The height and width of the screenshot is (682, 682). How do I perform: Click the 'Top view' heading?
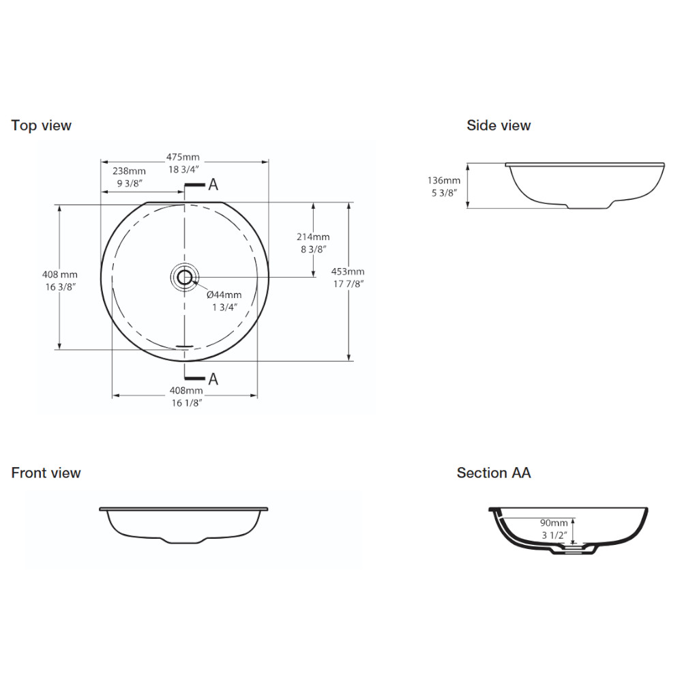tap(42, 125)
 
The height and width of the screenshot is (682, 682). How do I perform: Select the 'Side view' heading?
tap(499, 125)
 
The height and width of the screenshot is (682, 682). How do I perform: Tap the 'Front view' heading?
tap(46, 473)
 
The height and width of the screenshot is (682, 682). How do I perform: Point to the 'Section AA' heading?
tap(494, 473)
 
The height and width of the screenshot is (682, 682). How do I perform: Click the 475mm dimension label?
tap(183, 157)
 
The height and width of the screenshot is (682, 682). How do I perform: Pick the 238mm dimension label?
tap(129, 171)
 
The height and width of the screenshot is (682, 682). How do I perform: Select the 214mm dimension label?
tap(313, 237)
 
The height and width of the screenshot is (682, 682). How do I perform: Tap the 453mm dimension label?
tap(348, 271)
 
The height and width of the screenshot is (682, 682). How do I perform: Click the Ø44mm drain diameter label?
tap(224, 295)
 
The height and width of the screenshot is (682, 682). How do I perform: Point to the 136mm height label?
tap(444, 180)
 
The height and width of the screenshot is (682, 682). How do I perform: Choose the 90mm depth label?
tap(554, 523)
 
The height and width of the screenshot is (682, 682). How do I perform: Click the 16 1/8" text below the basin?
tap(187, 403)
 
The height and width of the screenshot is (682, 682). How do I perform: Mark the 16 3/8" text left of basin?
tap(61, 287)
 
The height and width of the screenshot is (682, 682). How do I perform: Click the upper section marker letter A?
tap(213, 185)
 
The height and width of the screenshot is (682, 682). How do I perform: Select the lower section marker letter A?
tap(213, 379)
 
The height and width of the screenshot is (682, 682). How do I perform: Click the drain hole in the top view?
tap(185, 277)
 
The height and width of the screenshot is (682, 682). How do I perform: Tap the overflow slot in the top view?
tap(184, 346)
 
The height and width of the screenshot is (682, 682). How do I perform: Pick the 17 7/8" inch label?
tap(349, 284)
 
